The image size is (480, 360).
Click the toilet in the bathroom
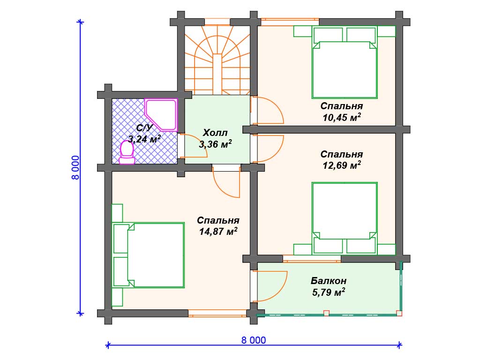pos(127,152)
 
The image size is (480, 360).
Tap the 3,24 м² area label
pos(144,139)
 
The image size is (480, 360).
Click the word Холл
pos(215,133)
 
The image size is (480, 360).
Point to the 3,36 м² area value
pos(216,144)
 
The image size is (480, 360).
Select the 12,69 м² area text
pos(342,165)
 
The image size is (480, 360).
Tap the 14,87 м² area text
pos(218,232)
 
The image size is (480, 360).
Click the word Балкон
pos(329,281)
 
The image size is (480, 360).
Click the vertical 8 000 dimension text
pos(75,167)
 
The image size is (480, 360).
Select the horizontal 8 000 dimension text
pos(254,340)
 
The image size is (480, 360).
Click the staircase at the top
pos(217,60)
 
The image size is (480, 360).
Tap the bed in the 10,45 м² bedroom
pos(345,62)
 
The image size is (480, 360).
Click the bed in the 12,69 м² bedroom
pos(345,218)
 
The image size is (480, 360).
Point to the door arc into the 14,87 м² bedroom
pos(220,188)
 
